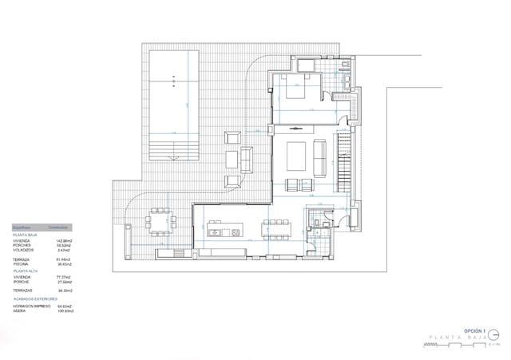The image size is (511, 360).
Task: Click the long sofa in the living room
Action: pyautogui.click(x=319, y=156)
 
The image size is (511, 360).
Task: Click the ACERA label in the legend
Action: pyautogui.click(x=19, y=310)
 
